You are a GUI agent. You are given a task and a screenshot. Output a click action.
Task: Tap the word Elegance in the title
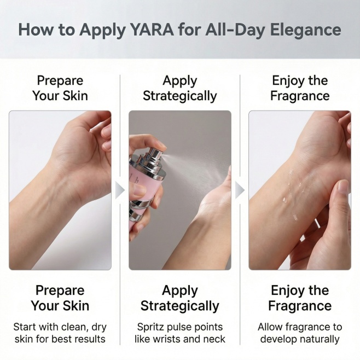[x=306, y=30]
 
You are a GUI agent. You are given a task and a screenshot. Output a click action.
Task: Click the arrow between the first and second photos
[x=119, y=190]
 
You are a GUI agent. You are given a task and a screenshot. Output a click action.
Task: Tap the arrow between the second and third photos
[x=240, y=190]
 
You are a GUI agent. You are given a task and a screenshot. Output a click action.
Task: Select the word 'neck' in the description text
[x=214, y=339]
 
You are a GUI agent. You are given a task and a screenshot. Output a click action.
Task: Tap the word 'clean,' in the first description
[x=73, y=327]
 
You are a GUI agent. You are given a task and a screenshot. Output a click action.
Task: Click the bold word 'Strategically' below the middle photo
[x=180, y=306]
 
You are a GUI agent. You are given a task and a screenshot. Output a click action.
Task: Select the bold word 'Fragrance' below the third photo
[x=300, y=306]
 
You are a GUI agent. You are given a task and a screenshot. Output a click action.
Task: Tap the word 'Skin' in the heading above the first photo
[x=75, y=96]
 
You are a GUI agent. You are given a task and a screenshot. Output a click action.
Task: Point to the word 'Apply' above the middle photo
[x=180, y=81]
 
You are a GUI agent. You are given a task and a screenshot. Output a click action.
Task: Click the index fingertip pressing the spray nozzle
[x=160, y=144]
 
